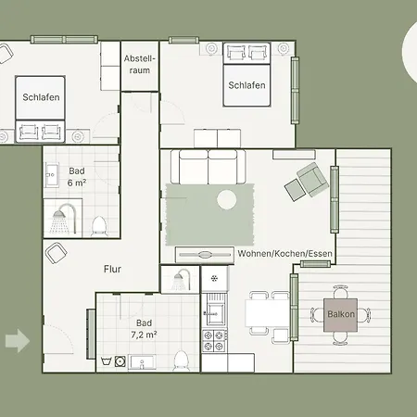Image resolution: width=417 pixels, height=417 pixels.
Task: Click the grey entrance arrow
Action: [17, 341]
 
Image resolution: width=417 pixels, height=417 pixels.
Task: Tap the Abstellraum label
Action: [140, 64]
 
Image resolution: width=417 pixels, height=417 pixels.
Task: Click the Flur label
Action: [112, 271]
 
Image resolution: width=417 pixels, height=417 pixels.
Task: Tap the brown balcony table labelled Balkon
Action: [340, 315]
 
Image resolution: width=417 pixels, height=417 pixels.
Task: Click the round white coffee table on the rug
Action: [227, 198]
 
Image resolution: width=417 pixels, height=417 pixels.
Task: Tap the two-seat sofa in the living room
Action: [208, 167]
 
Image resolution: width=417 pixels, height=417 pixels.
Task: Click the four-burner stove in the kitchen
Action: [215, 339]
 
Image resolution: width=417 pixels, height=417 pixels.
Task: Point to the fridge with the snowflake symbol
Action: [215, 277]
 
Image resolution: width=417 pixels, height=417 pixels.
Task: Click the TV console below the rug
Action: [205, 253]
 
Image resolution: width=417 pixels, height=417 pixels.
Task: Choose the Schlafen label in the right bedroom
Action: [247, 85]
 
